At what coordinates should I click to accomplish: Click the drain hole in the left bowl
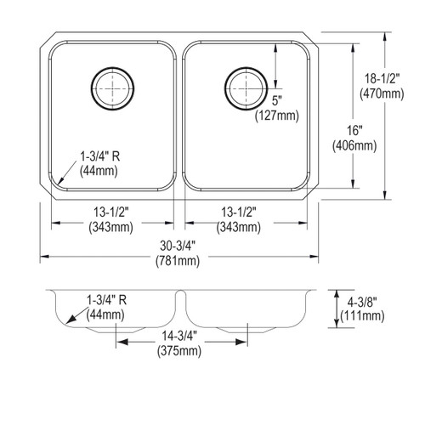tap(110, 86)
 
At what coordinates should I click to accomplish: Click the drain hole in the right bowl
tap(245, 86)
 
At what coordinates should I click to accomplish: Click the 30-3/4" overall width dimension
tap(178, 246)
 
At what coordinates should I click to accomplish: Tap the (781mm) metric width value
tap(178, 261)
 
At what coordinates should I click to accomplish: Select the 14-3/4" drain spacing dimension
tap(178, 335)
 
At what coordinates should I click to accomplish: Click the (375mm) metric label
tap(178, 350)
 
